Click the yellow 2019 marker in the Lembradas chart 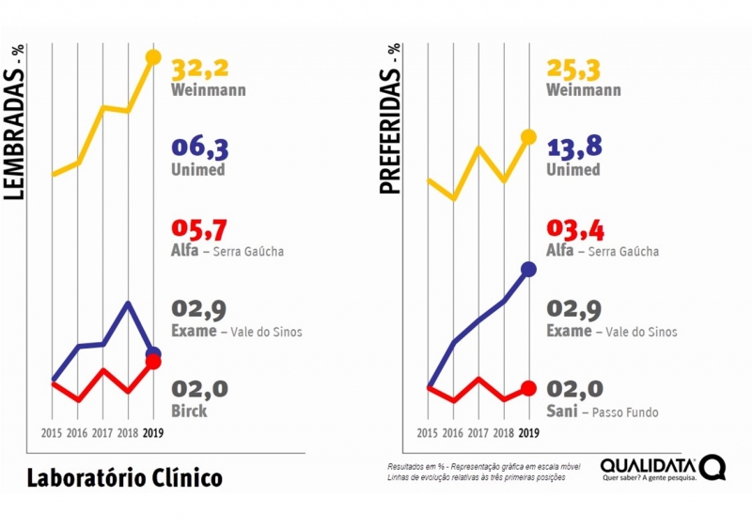pyautogui.click(x=153, y=58)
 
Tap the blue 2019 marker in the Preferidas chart pyautogui.click(x=528, y=270)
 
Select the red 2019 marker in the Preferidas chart pyautogui.click(x=528, y=388)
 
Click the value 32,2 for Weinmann pyautogui.click(x=201, y=69)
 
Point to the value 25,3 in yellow pyautogui.click(x=574, y=69)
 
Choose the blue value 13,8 pyautogui.click(x=574, y=147)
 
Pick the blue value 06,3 pyautogui.click(x=200, y=148)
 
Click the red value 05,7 pyautogui.click(x=200, y=228)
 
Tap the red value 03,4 pyautogui.click(x=574, y=228)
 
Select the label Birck pyautogui.click(x=189, y=412)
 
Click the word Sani pyautogui.click(x=561, y=412)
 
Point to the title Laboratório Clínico pyautogui.click(x=124, y=477)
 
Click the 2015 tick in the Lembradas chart pyautogui.click(x=53, y=433)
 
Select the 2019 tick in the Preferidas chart pyautogui.click(x=528, y=433)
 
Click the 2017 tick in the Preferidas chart pyautogui.click(x=478, y=433)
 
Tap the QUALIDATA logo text pyautogui.click(x=649, y=465)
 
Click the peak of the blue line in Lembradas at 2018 pyautogui.click(x=129, y=303)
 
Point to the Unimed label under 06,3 pyautogui.click(x=198, y=170)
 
